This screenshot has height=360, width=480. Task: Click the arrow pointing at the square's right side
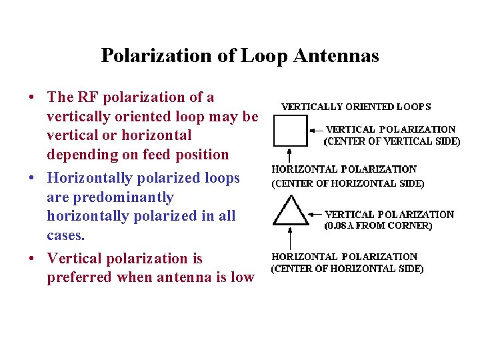315,130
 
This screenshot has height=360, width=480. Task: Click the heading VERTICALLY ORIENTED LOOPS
356,107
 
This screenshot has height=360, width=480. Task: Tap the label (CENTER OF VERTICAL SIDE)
391,141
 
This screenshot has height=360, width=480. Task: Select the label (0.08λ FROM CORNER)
378,226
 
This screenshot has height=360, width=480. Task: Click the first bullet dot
31,97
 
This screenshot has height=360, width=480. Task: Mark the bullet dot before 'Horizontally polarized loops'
31,179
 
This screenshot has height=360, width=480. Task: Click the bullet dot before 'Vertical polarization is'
31,259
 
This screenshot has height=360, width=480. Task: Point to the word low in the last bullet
241,277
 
